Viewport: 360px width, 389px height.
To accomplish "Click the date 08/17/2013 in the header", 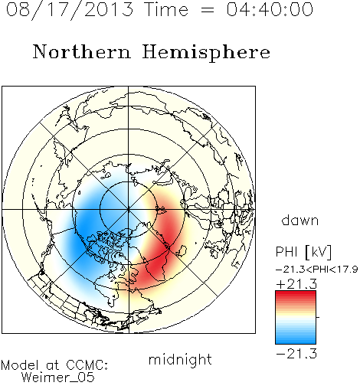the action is [x=70, y=9].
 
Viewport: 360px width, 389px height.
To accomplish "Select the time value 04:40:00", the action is [x=270, y=9].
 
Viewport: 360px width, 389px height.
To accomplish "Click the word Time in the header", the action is [x=166, y=9].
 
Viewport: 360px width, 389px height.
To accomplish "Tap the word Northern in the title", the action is [x=82, y=52].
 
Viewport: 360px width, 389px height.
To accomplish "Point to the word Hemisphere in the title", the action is [x=206, y=53].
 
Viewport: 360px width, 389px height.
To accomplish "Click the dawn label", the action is [x=300, y=221].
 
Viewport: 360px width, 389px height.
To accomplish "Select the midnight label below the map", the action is [x=180, y=360].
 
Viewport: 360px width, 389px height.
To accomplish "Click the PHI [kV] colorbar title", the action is [x=303, y=252].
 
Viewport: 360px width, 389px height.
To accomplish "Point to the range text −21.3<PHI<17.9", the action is [x=316, y=270].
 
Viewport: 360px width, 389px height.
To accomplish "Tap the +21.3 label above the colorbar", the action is [x=296, y=284].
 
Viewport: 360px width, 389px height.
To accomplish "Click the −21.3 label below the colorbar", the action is [x=296, y=354].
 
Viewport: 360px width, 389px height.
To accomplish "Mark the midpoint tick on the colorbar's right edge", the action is [x=318, y=317].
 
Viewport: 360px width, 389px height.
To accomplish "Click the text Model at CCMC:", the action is [x=54, y=365].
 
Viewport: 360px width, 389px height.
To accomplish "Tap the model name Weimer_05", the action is [x=58, y=378].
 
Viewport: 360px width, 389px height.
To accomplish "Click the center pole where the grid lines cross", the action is [x=129, y=210].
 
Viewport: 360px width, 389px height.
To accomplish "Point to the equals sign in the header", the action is [x=207, y=10].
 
